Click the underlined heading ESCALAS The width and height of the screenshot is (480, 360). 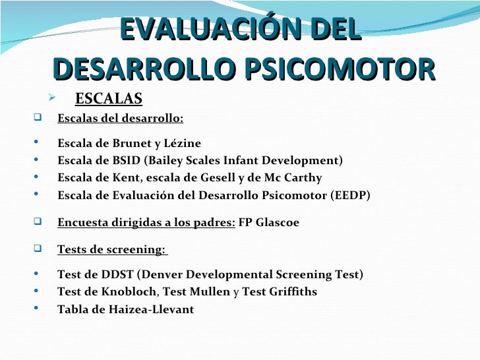click(109, 99)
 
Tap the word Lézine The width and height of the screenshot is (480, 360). click(183, 143)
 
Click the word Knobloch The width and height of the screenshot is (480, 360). click(131, 291)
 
